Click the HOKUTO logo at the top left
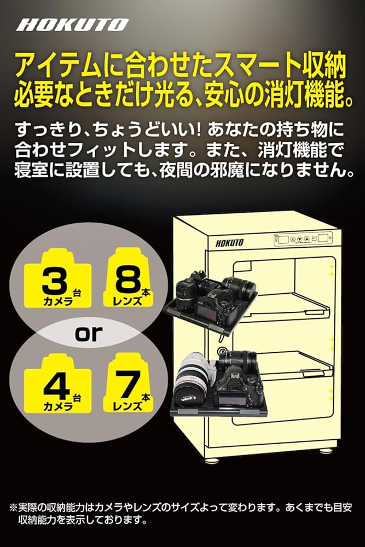pos(72,25)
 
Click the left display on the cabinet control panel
pos(283,239)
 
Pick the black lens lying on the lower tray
pos(237,360)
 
